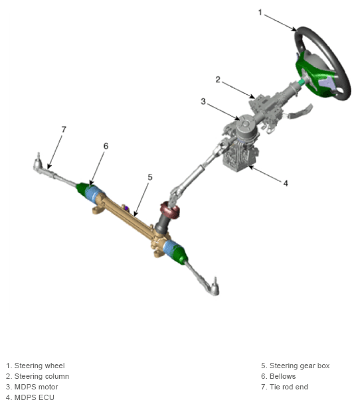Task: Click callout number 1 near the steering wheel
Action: coord(260,12)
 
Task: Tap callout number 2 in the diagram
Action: coord(218,80)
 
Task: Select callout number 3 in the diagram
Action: coord(203,101)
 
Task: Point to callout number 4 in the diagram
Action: coord(286,183)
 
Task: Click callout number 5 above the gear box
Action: coord(150,177)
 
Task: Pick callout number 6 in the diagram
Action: coord(106,146)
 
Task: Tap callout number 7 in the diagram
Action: coord(64,129)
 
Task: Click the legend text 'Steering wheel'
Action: coord(39,366)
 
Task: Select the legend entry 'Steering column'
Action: coord(42,376)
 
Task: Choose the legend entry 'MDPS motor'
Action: coord(36,387)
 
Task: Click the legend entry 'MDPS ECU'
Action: coord(35,397)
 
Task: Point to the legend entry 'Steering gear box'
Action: coord(300,366)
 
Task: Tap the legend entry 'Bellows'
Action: coord(282,376)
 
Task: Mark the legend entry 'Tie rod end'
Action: coord(289,387)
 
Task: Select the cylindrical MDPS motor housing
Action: coord(246,129)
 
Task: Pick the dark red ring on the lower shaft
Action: coord(170,210)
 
